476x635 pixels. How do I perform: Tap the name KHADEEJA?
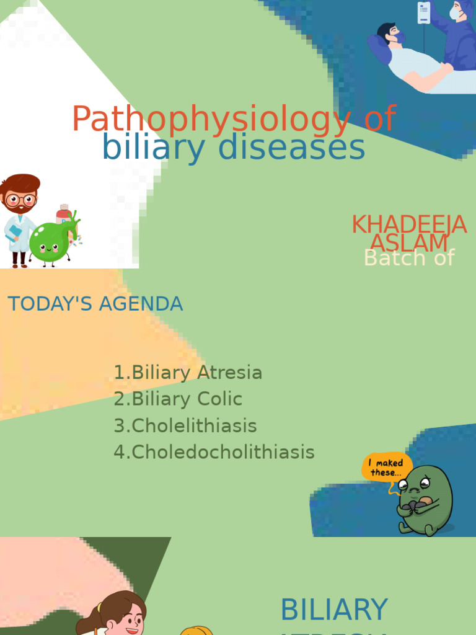[408, 224]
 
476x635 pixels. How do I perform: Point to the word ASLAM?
[409, 242]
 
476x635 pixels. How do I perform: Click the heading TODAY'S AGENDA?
[95, 304]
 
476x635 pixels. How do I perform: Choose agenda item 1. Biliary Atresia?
[188, 373]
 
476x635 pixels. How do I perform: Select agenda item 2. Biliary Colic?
[178, 399]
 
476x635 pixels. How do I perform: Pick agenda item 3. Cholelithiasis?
[185, 426]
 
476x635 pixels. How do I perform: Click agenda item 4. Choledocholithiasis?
[214, 452]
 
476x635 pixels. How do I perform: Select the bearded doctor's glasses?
[21, 200]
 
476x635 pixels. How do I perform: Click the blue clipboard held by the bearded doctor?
[14, 232]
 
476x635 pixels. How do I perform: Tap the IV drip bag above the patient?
[424, 12]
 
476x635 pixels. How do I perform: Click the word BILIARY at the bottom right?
[334, 610]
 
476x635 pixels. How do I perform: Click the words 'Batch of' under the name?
[409, 258]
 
